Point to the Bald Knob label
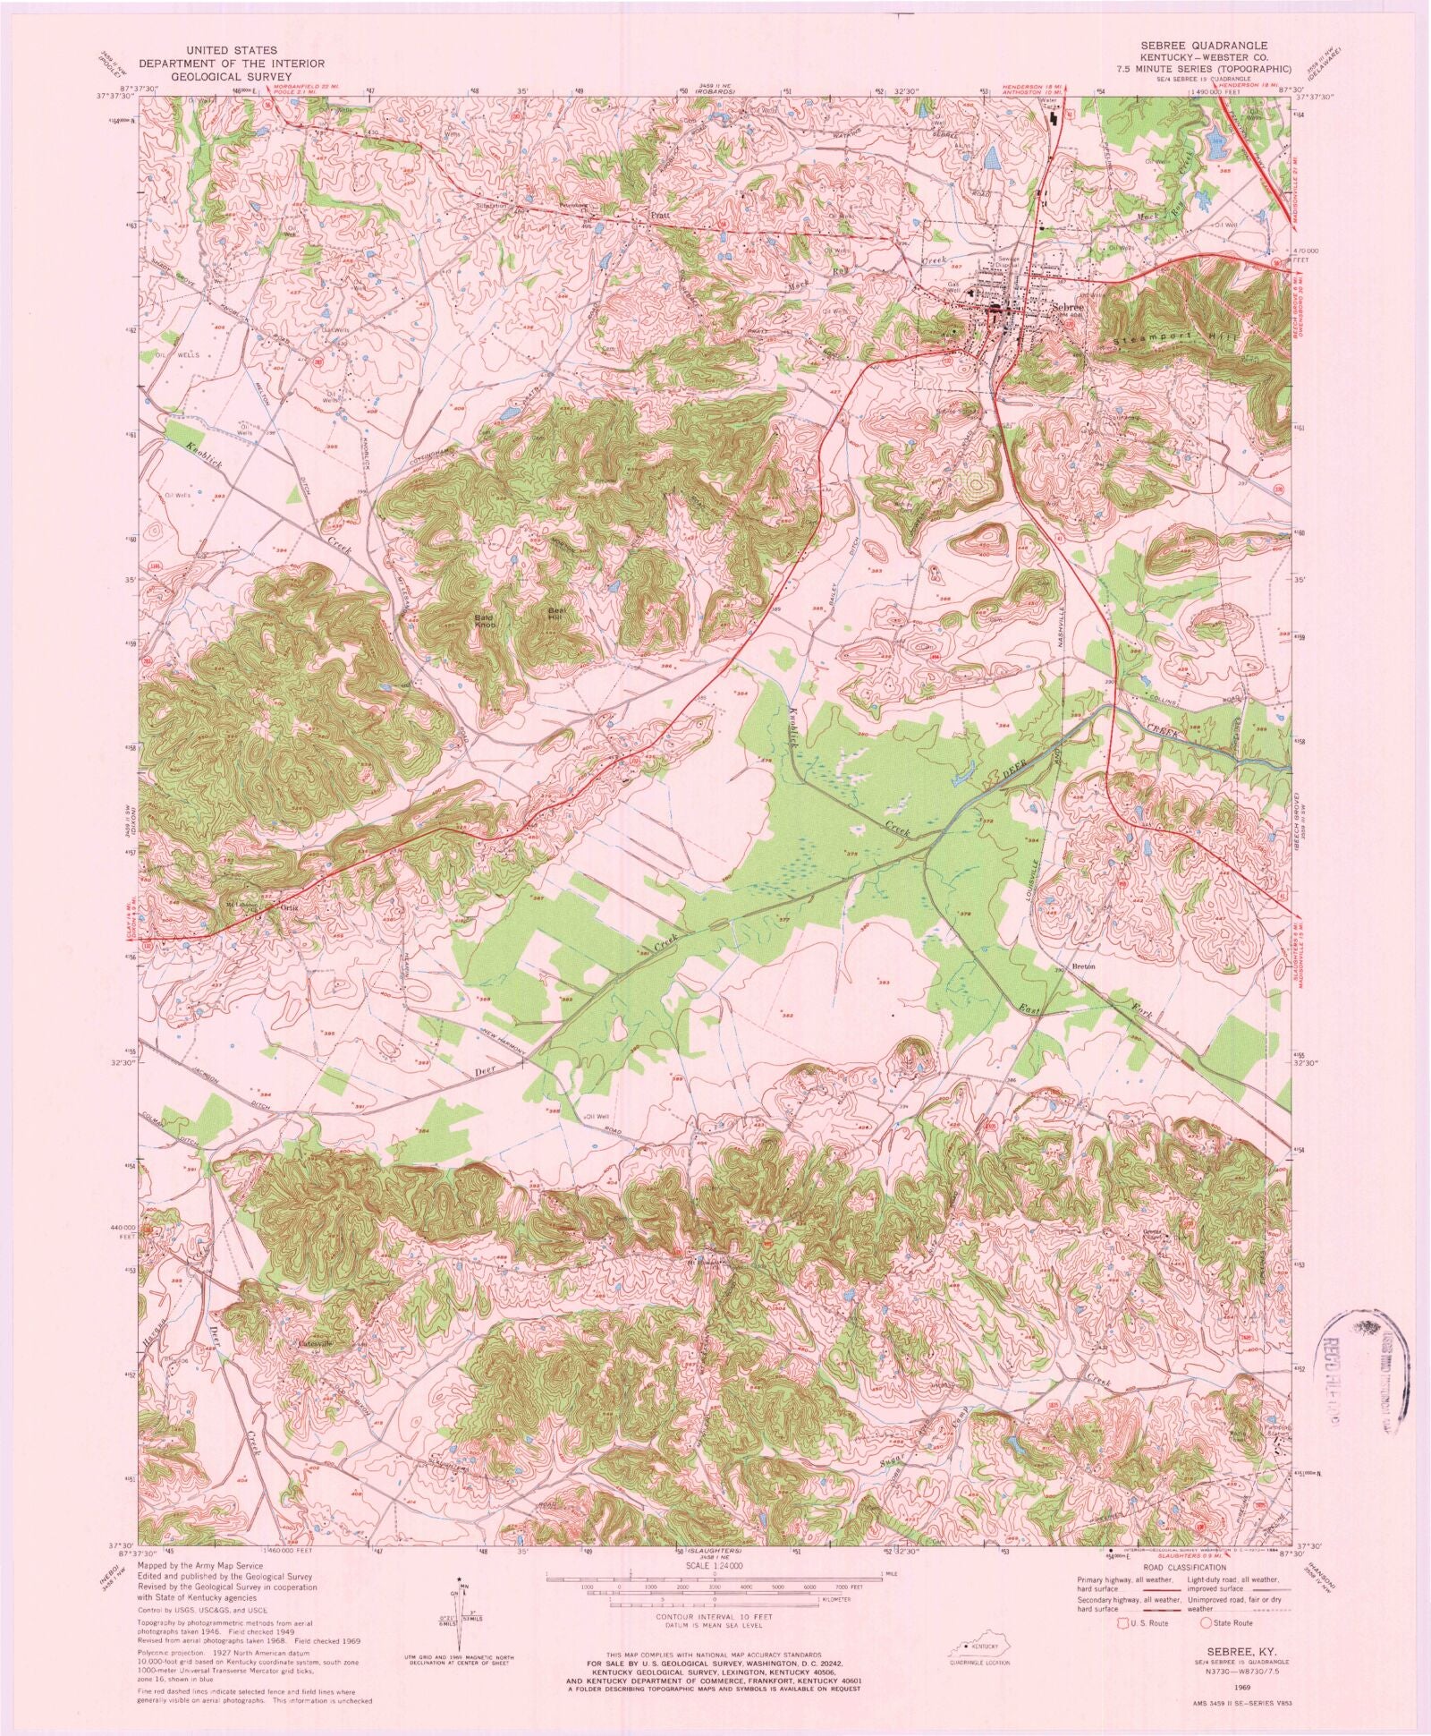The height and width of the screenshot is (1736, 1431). click(x=485, y=619)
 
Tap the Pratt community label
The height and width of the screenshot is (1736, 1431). click(x=660, y=216)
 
